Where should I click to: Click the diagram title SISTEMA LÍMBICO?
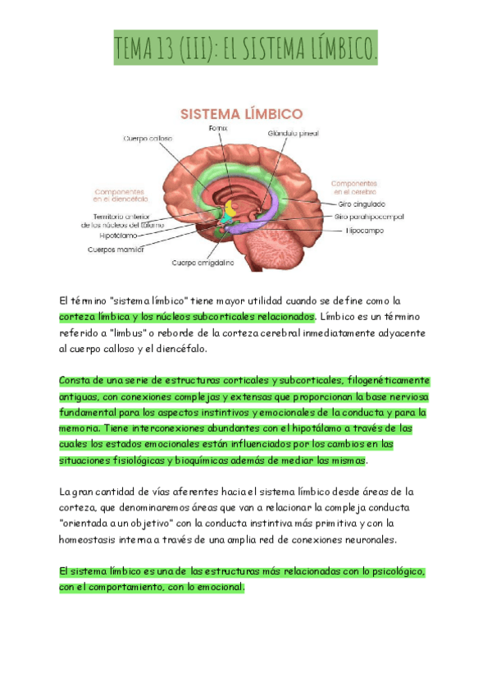[241, 113]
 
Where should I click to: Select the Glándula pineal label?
[294, 133]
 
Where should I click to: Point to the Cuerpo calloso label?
[148, 139]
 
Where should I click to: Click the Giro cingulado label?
[362, 203]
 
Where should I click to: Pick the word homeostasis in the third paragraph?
[94, 539]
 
